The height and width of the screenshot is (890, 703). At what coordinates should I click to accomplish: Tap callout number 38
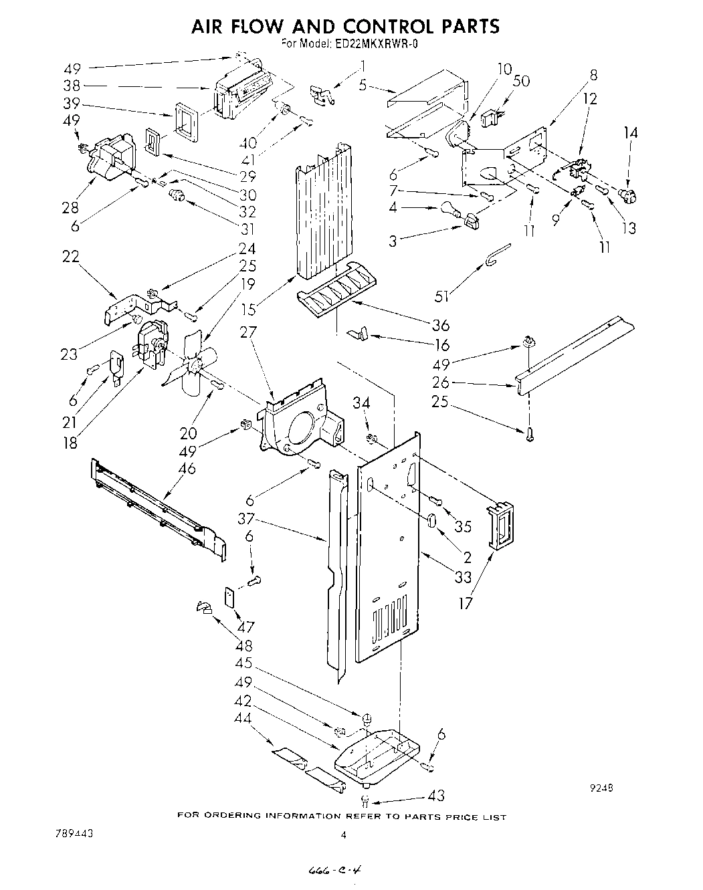click(x=72, y=86)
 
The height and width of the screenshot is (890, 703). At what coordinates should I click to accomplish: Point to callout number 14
click(x=631, y=134)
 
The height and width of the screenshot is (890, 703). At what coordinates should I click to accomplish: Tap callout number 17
click(x=466, y=602)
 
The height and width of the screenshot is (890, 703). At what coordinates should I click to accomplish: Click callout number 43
click(x=436, y=796)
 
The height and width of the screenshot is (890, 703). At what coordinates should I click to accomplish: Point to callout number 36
click(x=441, y=325)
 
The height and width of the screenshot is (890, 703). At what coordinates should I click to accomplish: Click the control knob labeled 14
click(x=627, y=195)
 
